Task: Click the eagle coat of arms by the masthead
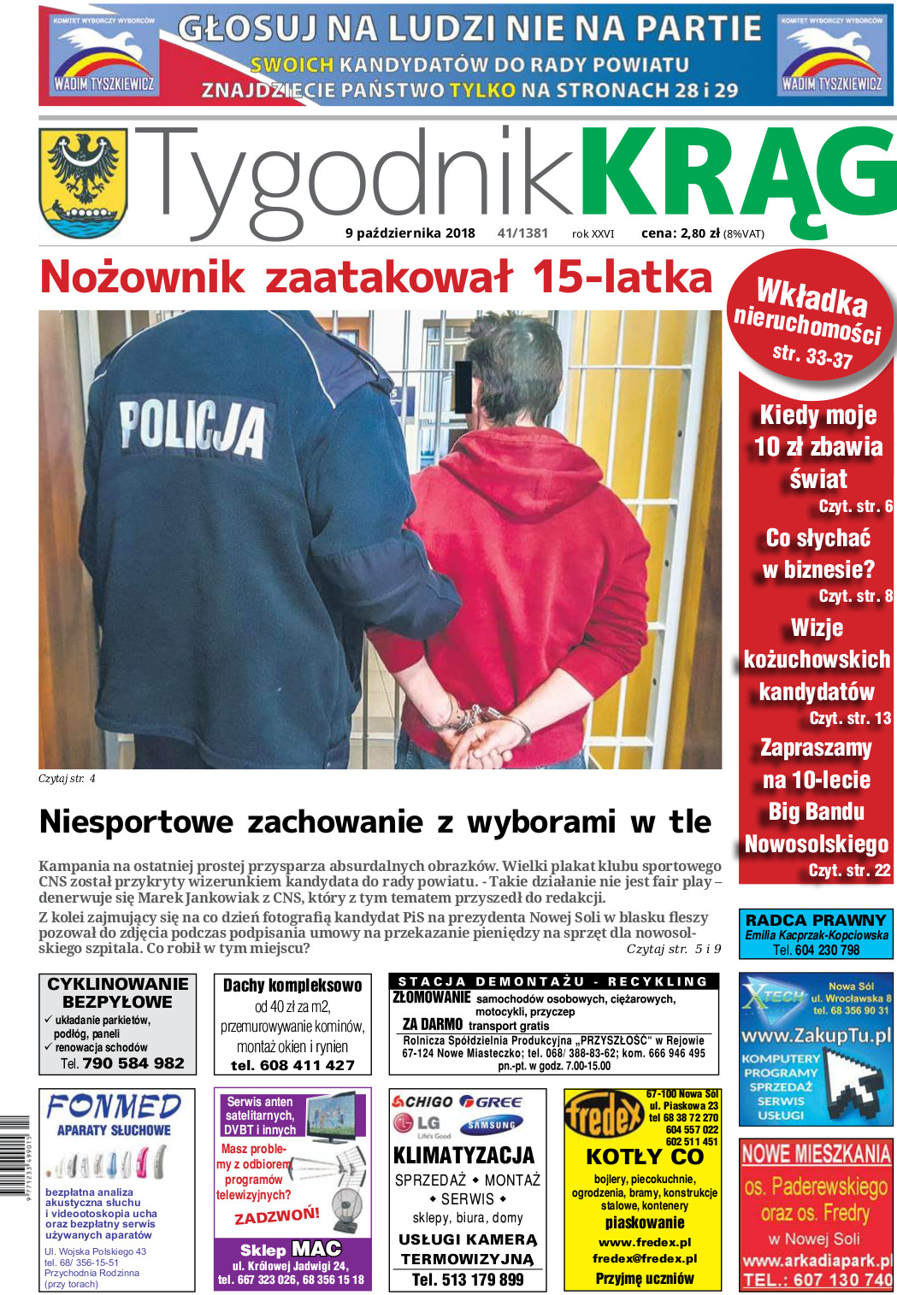point(83,180)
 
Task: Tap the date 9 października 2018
point(410,233)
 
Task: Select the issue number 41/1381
point(522,233)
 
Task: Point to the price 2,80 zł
point(699,233)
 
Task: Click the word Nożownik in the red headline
point(142,278)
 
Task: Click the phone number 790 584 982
point(133,1063)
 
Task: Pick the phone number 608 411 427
point(292,1065)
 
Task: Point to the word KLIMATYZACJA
point(463,1156)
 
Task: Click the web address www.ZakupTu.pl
point(816,1035)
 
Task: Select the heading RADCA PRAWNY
point(816,920)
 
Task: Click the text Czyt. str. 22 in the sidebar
point(849,870)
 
